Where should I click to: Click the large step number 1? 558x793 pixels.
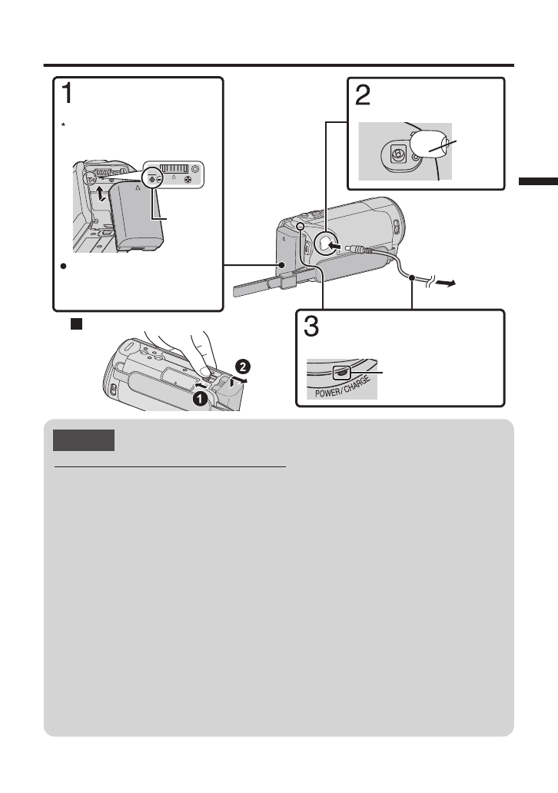(68, 94)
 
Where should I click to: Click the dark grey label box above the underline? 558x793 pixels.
(84, 440)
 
